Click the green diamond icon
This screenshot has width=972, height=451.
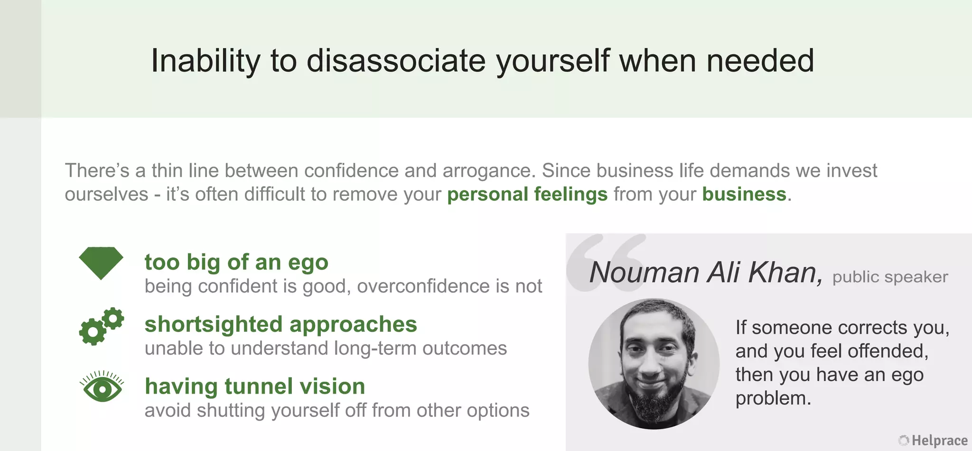tap(101, 263)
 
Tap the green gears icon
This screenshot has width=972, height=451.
tap(101, 326)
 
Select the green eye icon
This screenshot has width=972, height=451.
tap(102, 387)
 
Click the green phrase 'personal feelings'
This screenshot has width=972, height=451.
tap(527, 194)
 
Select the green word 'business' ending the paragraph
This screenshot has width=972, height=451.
tap(744, 194)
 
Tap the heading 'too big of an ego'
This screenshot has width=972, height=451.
tap(236, 262)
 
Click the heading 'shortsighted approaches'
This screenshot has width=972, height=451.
tap(280, 324)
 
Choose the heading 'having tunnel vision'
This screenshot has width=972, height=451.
tap(255, 386)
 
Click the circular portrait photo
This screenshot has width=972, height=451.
tap(654, 364)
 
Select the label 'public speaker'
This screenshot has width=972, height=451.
tap(890, 277)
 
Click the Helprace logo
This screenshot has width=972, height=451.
tap(933, 441)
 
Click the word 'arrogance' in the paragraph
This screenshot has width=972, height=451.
tap(486, 171)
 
